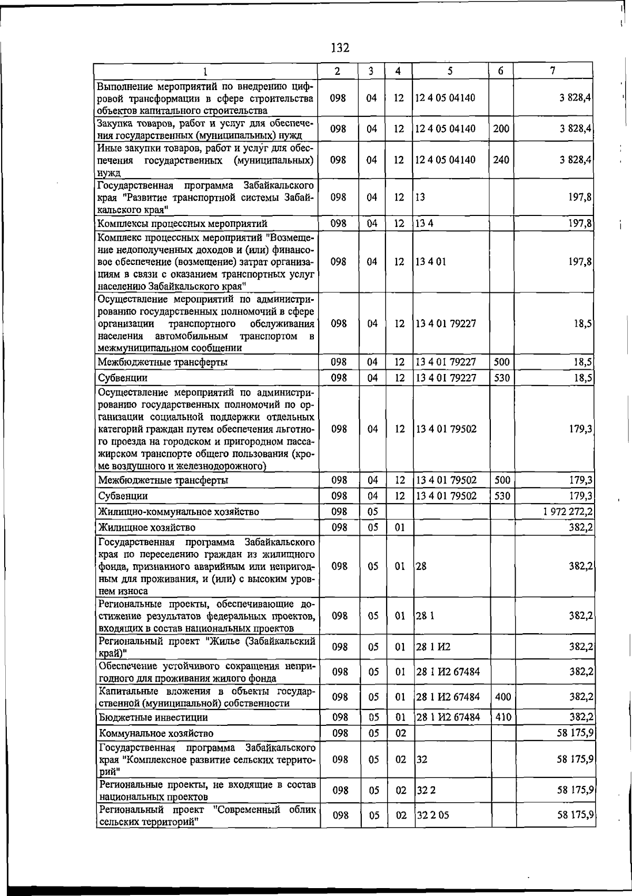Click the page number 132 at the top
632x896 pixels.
click(x=340, y=48)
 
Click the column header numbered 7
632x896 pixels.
click(x=552, y=71)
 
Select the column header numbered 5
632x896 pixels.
click(x=450, y=71)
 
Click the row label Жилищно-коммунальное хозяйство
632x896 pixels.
click(x=179, y=511)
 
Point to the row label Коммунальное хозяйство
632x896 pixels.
click(x=156, y=733)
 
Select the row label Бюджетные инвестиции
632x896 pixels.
click(x=153, y=717)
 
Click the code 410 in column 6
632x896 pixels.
click(x=503, y=717)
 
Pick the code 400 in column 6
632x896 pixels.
click(x=503, y=697)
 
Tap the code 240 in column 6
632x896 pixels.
click(x=501, y=160)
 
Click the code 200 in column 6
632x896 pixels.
click(x=501, y=129)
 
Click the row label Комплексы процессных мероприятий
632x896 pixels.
click(x=182, y=224)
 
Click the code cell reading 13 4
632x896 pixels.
click(x=424, y=224)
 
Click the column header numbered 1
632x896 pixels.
click(x=206, y=71)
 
